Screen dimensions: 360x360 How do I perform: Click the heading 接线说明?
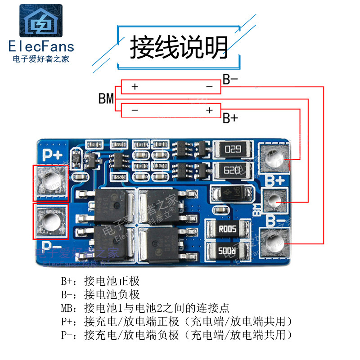(179, 47)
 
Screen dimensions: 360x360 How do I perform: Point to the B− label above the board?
(230, 80)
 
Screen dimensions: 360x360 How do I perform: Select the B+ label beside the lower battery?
(230, 118)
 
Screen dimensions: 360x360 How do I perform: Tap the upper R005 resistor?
(227, 228)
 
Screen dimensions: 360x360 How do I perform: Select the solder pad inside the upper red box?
(50, 182)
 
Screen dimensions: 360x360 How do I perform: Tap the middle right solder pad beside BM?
(276, 203)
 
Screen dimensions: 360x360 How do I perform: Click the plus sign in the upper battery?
(135, 87)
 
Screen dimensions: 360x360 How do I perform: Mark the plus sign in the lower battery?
(209, 110)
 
